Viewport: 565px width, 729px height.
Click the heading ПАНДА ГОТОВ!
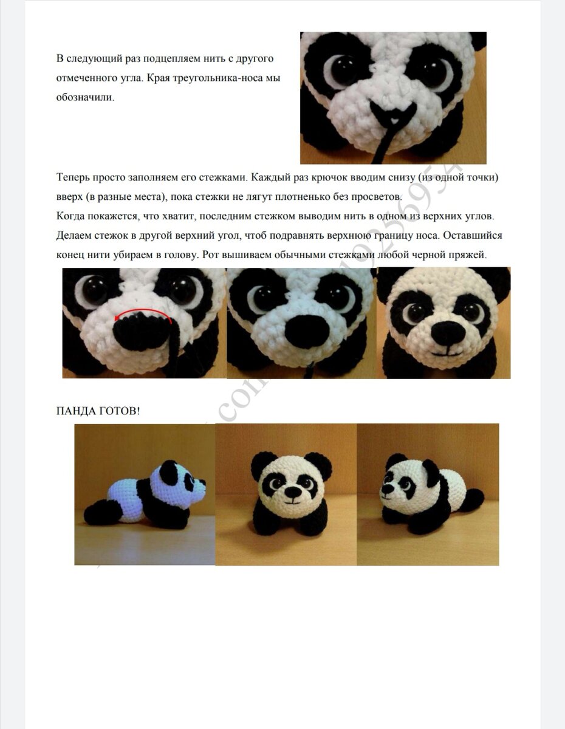click(x=98, y=411)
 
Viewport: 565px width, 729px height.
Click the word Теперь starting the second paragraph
click(x=73, y=177)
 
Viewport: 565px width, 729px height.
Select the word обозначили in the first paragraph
click(x=85, y=98)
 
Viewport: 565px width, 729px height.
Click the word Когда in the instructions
click(x=70, y=216)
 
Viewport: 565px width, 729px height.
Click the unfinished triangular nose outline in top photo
click(x=393, y=114)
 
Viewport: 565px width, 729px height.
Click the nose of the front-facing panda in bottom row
click(x=293, y=493)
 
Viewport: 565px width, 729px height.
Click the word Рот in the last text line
click(x=210, y=255)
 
